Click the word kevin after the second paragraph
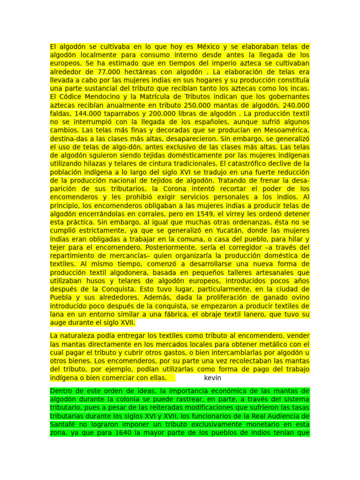click(x=213, y=377)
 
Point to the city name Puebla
click(x=61, y=297)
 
